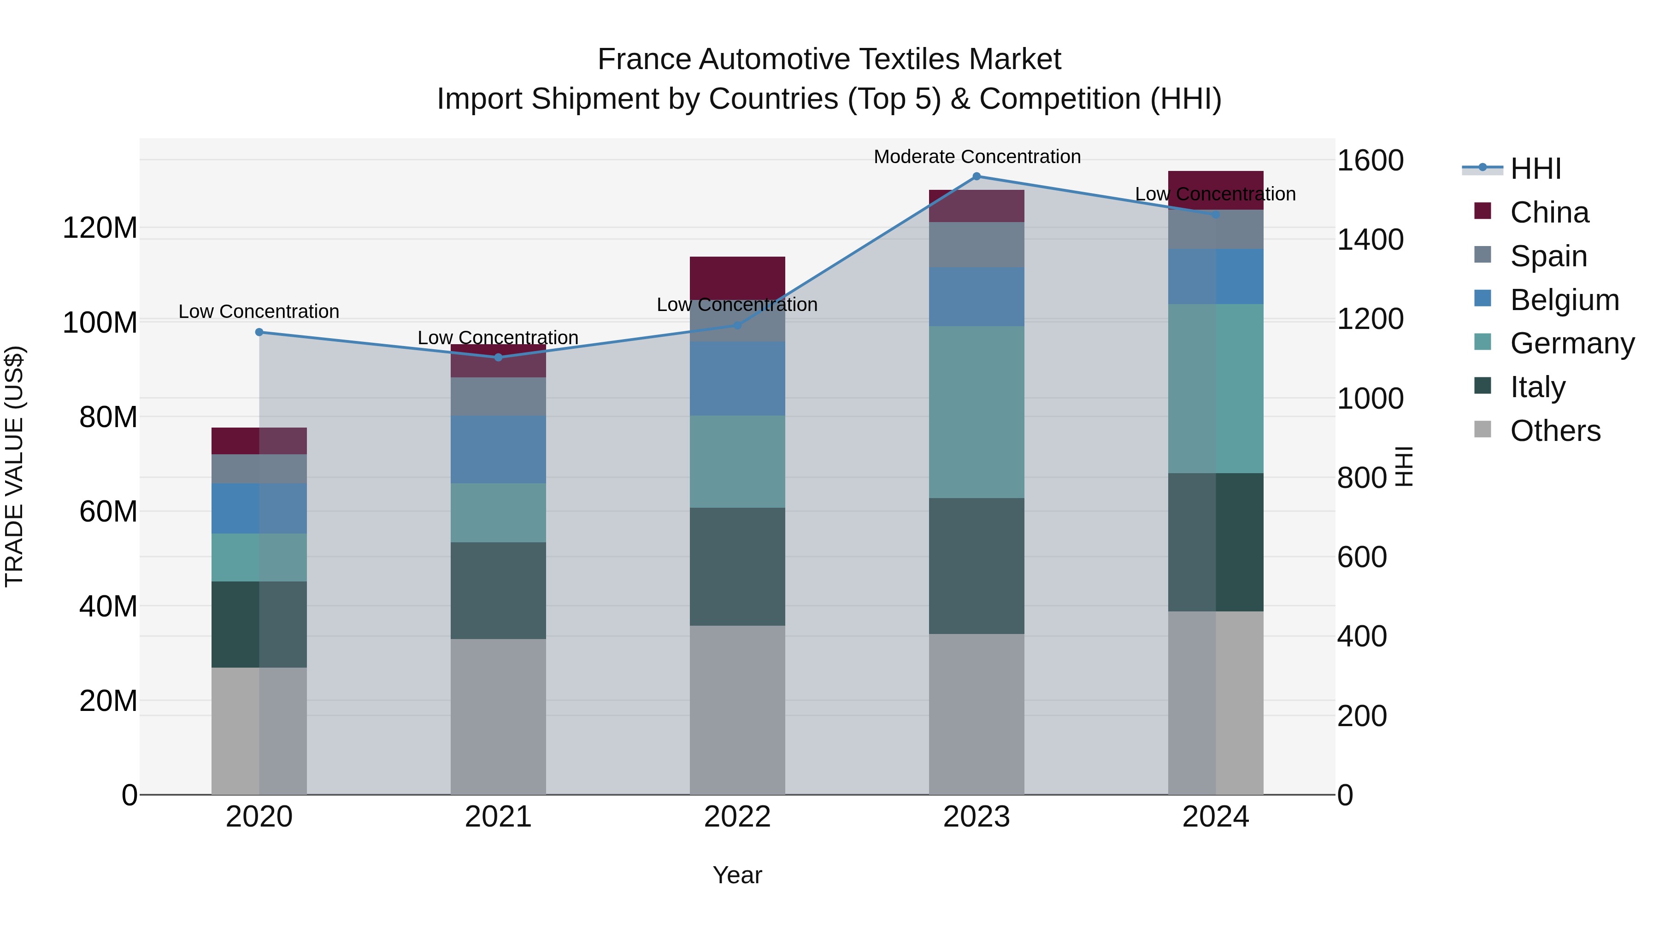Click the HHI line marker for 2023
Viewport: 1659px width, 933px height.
tap(977, 176)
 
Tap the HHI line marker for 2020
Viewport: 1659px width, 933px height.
tap(259, 332)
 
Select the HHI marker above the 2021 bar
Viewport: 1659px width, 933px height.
tap(498, 358)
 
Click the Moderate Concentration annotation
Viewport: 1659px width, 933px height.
tap(977, 157)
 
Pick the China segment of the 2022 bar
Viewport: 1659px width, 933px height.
tap(737, 277)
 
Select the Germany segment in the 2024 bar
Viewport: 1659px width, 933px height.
tap(1215, 388)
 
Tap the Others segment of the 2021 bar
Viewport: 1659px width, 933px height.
tap(498, 716)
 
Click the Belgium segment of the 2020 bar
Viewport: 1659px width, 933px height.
tap(259, 508)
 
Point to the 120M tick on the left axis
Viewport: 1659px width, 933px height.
tap(100, 228)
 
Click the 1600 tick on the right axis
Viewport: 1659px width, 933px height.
tap(1370, 160)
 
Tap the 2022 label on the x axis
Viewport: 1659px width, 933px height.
tap(737, 817)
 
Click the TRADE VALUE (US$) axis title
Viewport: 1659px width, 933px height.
tap(15, 466)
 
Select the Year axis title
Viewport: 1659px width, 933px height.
tap(737, 875)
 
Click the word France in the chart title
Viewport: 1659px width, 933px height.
tap(645, 59)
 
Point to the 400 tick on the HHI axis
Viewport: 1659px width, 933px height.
tap(1361, 636)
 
